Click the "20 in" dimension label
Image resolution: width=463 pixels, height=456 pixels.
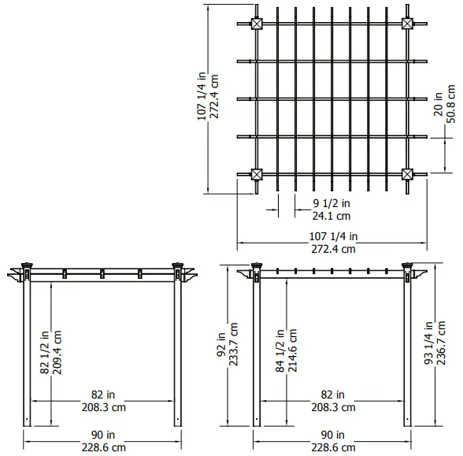[437, 117]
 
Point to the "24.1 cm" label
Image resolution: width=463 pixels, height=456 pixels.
[331, 215]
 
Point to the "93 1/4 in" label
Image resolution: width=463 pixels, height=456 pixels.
[428, 344]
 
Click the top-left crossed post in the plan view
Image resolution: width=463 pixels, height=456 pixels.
[257, 24]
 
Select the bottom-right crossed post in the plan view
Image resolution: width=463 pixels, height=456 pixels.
[408, 174]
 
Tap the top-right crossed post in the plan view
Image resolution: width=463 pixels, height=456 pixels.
[408, 24]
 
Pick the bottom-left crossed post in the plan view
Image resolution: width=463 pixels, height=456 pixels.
[257, 174]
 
